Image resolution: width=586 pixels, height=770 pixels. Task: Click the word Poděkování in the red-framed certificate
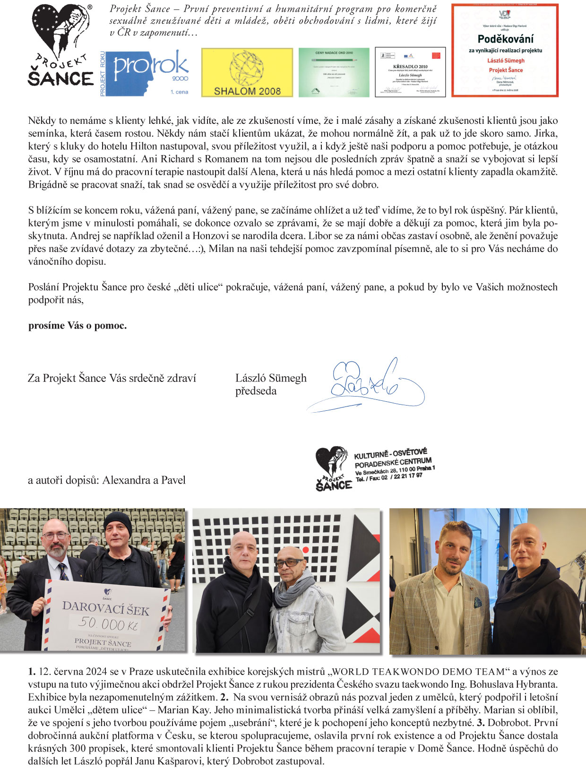(505, 39)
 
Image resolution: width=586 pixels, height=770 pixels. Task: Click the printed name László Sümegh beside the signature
(271, 378)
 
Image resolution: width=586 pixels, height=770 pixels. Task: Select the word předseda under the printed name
(256, 391)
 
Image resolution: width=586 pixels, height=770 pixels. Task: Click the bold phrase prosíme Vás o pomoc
(78, 326)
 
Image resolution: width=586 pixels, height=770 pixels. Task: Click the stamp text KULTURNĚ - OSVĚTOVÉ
(390, 454)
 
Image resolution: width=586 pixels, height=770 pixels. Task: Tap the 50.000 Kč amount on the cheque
(108, 623)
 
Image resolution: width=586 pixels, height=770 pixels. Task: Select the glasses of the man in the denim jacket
(289, 563)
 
